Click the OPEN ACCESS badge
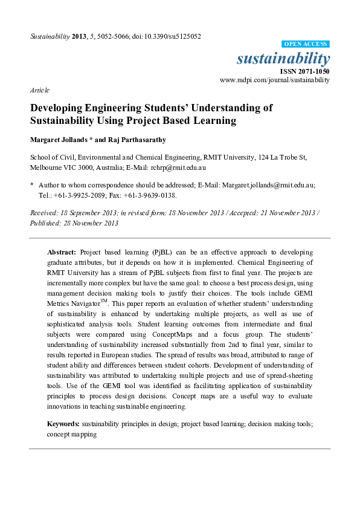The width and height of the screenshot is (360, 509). coord(306,44)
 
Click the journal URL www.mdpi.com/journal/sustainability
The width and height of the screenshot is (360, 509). coord(274,79)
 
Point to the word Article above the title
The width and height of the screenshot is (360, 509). coord(40,89)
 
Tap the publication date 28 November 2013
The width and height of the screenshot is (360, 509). coord(91,222)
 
